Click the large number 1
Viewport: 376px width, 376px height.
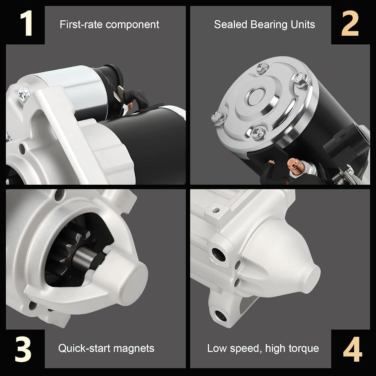(26, 24)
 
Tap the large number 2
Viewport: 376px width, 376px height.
(350, 24)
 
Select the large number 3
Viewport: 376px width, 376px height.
(23, 349)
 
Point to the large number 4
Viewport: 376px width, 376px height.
(352, 349)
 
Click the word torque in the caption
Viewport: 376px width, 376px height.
(304, 349)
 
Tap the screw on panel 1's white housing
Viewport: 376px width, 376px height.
(24, 94)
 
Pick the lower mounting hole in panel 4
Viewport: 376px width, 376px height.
(220, 315)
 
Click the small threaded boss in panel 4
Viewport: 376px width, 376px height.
(215, 210)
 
